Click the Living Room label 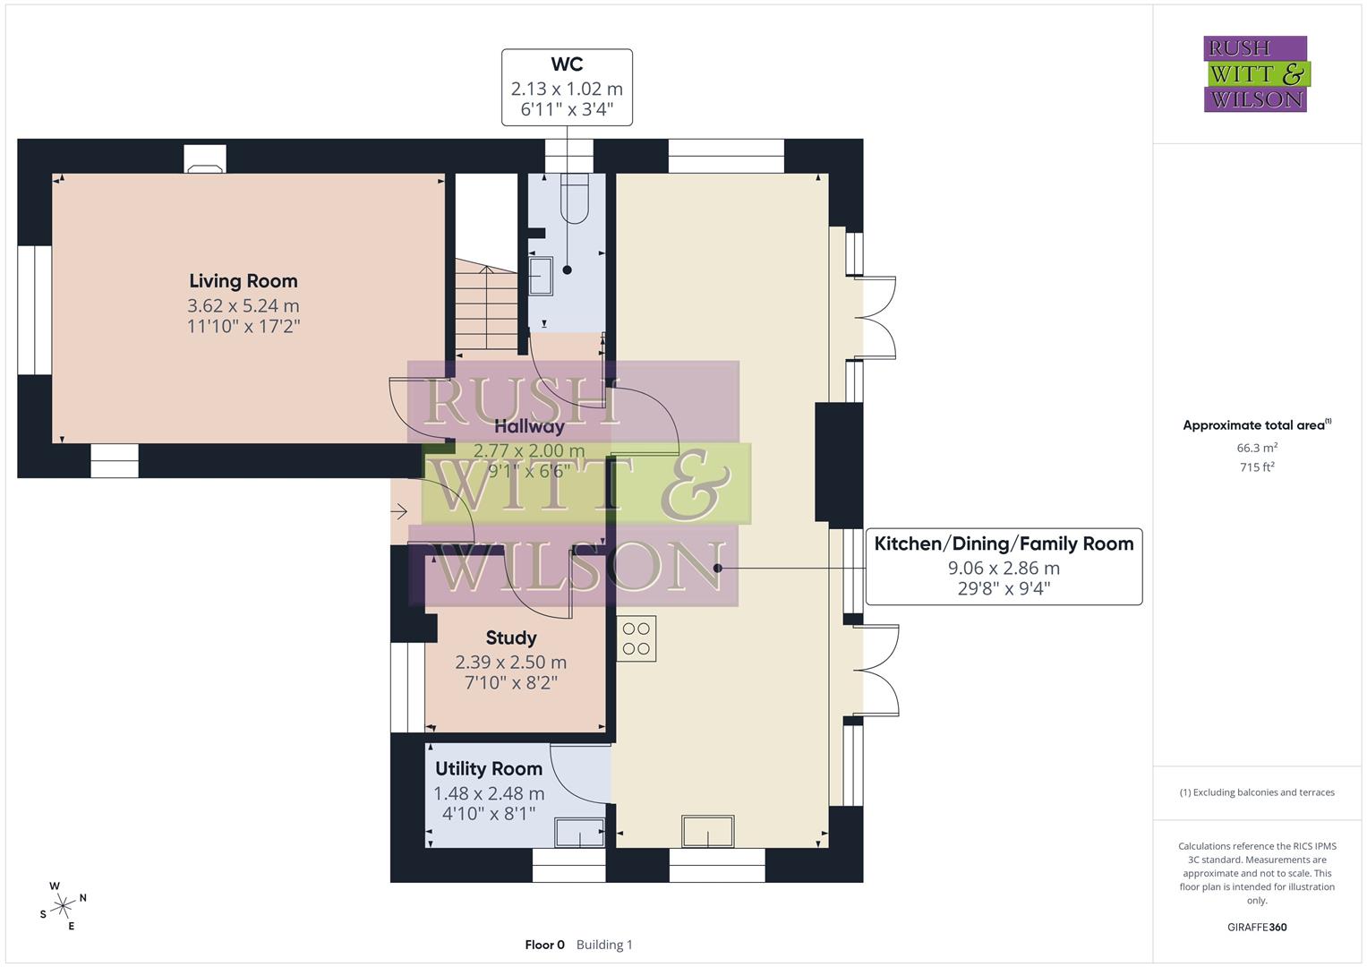click(243, 281)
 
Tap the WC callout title click(567, 64)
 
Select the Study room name click(511, 638)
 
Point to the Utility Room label click(489, 768)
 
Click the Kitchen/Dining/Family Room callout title click(1004, 543)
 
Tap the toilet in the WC click(574, 198)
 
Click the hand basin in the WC click(541, 275)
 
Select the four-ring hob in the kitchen click(637, 638)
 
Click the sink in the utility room click(579, 833)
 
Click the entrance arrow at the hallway click(399, 511)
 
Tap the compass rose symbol click(62, 906)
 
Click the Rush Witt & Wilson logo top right click(1256, 74)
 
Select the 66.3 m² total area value click(1256, 448)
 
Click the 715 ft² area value click(1256, 467)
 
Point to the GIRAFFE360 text click(1256, 927)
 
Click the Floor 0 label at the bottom click(544, 945)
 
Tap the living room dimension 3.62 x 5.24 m click(243, 305)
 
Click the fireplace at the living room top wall click(205, 159)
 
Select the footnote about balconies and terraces click(1256, 792)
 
